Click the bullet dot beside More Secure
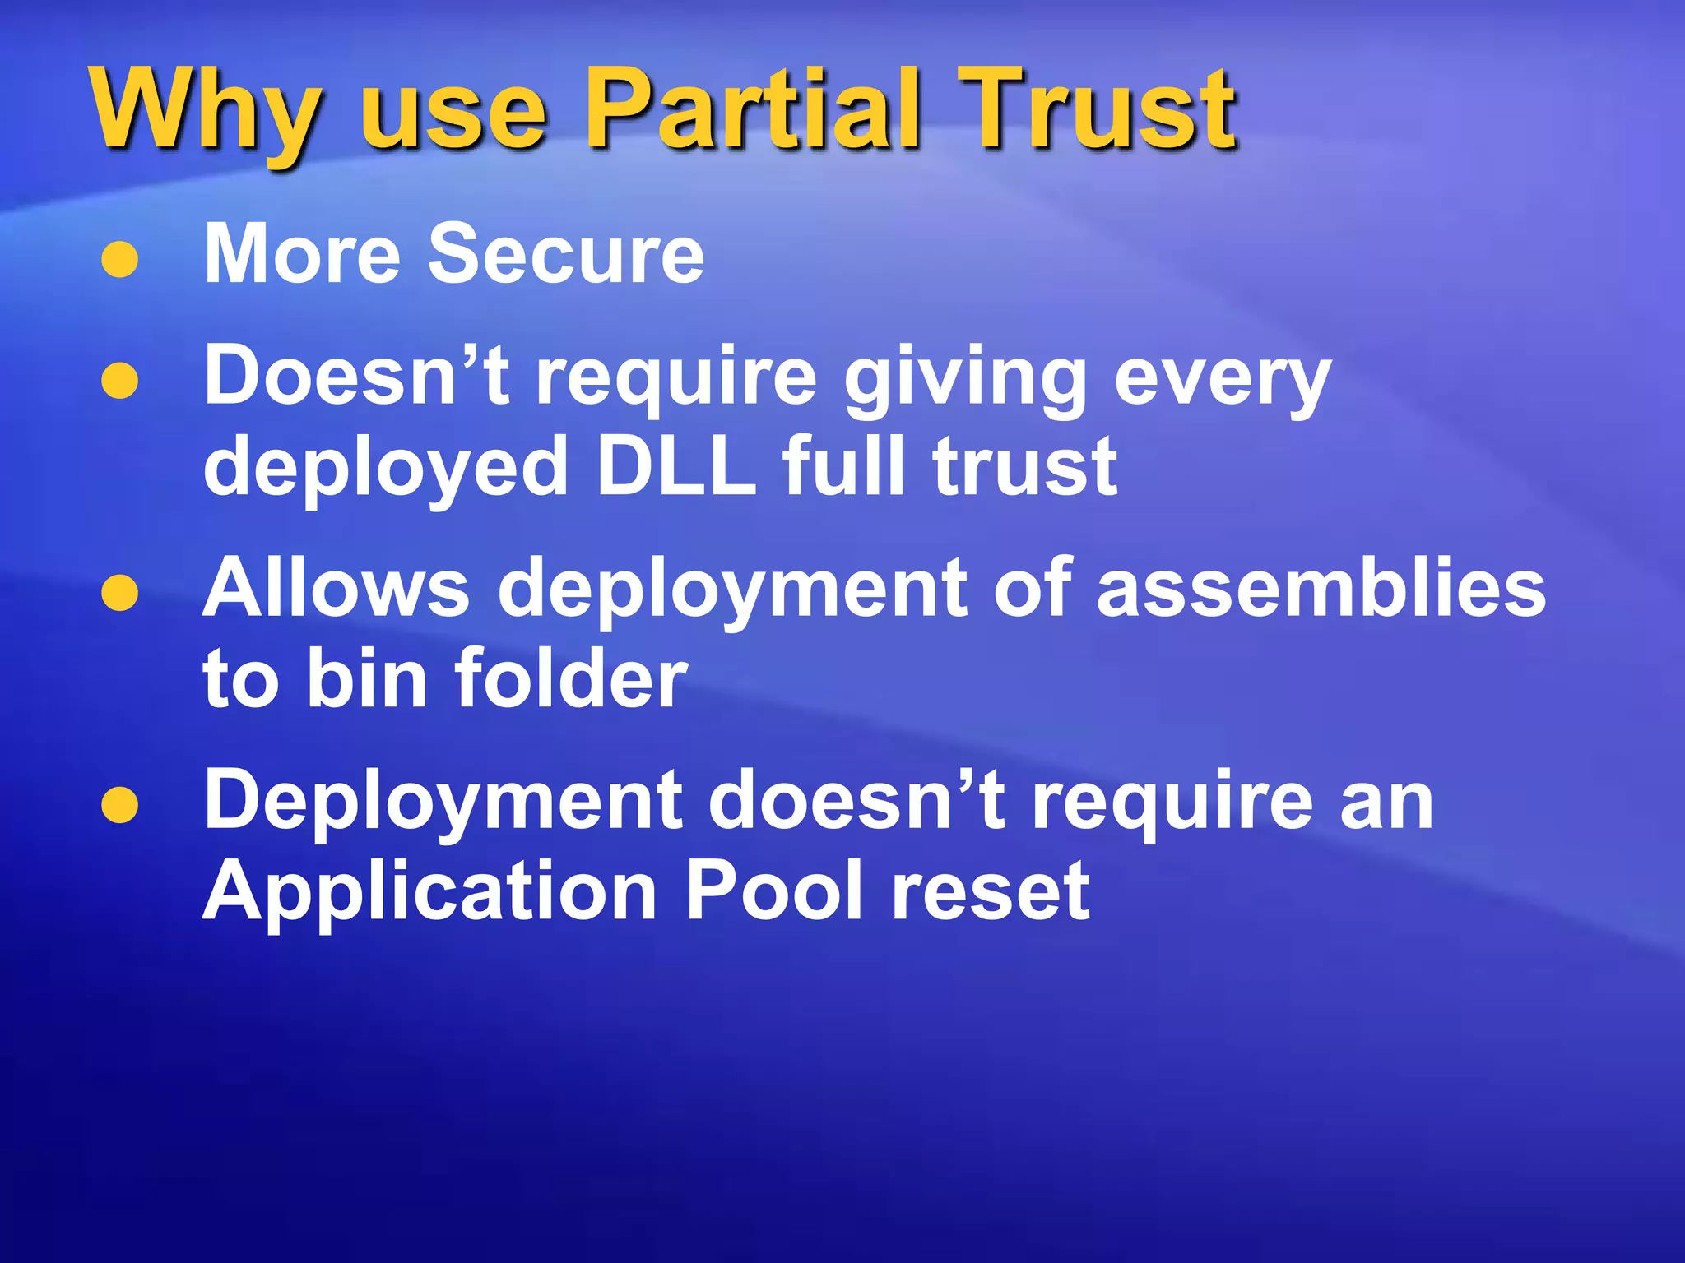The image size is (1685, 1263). tap(119, 259)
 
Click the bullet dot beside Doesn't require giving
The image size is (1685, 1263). tap(119, 381)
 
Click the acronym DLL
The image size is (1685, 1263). tap(675, 467)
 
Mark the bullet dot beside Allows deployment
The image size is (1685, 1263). tap(119, 593)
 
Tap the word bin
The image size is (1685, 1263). tap(366, 678)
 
